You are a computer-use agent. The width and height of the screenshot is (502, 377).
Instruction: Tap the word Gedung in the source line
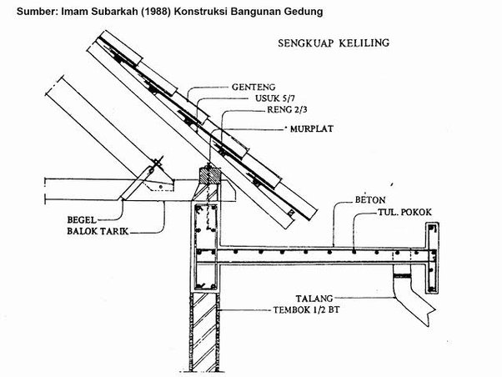click(x=300, y=11)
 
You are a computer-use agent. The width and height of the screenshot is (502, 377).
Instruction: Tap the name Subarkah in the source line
click(x=108, y=11)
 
